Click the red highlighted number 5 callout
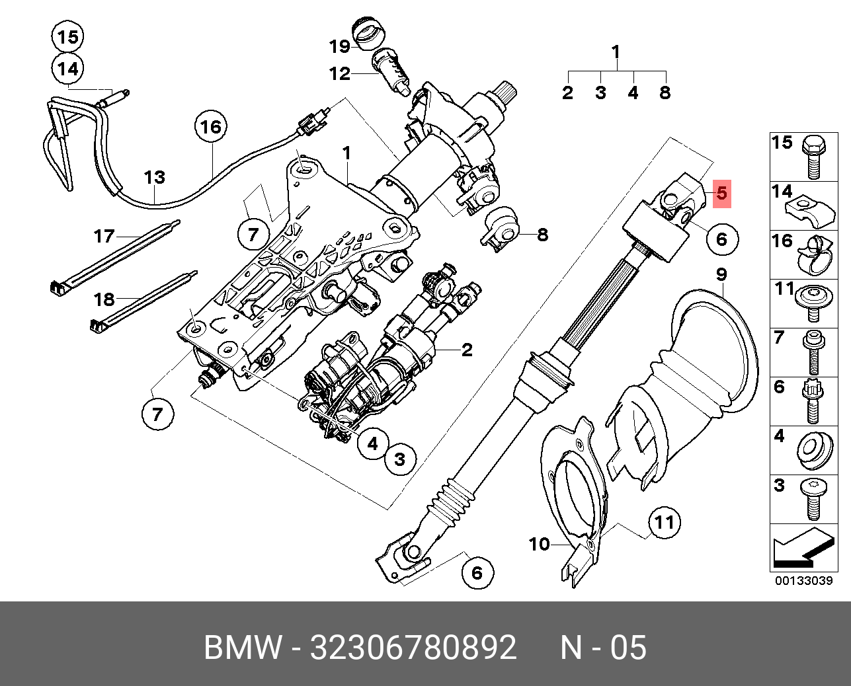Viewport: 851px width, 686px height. point(721,194)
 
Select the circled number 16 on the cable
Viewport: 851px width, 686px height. point(210,126)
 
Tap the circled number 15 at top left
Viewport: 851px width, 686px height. point(67,38)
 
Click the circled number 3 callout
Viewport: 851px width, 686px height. point(399,458)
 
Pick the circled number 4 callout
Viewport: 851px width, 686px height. point(373,444)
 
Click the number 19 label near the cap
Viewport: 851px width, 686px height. point(339,46)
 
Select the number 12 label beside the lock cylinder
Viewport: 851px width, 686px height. point(339,73)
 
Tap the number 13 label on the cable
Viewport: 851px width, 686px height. point(154,178)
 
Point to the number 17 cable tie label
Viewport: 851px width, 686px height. point(104,235)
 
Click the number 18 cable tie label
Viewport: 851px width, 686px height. point(104,299)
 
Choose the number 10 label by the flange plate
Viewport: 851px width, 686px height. point(540,545)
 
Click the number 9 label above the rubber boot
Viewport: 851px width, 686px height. point(721,274)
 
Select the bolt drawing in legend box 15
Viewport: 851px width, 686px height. point(813,157)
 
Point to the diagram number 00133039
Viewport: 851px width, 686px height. point(803,581)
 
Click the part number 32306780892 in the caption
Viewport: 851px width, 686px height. point(413,648)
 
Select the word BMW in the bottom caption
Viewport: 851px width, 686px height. point(243,648)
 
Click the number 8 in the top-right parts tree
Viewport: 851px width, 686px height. point(665,93)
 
